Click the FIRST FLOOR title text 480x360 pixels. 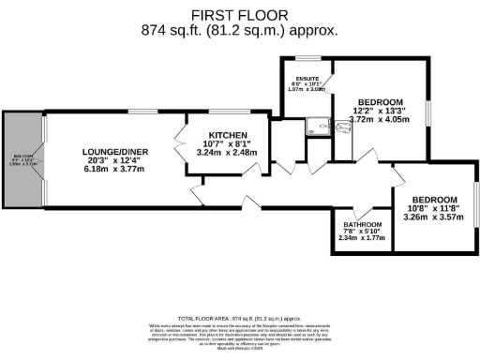[x=240, y=15]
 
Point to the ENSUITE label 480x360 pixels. [x=307, y=78]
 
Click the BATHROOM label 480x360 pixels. [x=361, y=225]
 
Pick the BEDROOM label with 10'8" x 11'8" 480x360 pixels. [x=434, y=200]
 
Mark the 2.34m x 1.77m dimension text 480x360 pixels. [x=361, y=238]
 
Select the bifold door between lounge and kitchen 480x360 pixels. [x=180, y=150]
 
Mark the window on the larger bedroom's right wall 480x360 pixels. [x=427, y=111]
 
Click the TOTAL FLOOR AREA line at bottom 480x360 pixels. [x=240, y=318]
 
